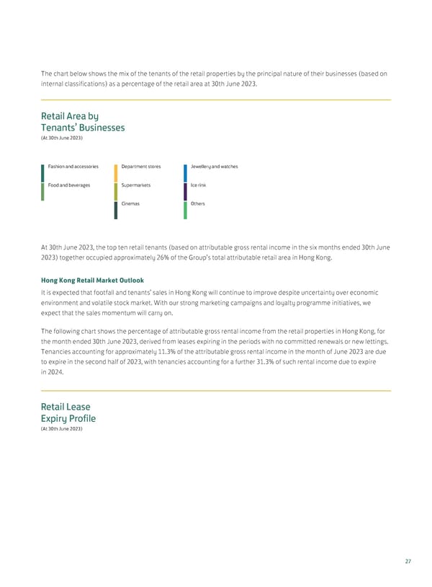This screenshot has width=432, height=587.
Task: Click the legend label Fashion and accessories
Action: [x=73, y=167]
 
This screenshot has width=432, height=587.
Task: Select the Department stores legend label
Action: [x=141, y=167]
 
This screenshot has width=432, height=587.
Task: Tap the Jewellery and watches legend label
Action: [x=215, y=167]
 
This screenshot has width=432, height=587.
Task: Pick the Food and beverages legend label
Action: [x=69, y=185]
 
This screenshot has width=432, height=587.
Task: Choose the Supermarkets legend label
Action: [x=136, y=185]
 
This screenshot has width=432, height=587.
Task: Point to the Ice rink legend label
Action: [x=199, y=185]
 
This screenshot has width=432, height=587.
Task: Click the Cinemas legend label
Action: [x=131, y=204]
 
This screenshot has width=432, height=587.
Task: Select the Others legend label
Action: [x=198, y=204]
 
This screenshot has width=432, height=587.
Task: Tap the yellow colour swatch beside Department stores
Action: [x=116, y=172]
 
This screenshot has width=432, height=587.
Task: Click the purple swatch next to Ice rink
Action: [x=185, y=191]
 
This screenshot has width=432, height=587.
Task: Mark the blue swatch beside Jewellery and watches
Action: [x=185, y=172]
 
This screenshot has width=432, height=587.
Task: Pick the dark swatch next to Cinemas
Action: [x=116, y=210]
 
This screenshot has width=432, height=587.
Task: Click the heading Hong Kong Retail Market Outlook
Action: [x=92, y=280]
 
